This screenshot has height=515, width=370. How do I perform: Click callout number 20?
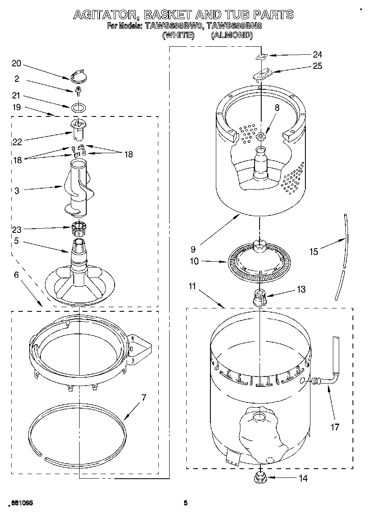pyautogui.click(x=16, y=63)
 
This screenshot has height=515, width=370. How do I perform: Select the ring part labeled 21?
pyautogui.click(x=77, y=107)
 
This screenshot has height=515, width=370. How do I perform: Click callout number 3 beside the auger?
pyautogui.click(x=17, y=191)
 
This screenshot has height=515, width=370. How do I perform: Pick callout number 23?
pyautogui.click(x=17, y=229)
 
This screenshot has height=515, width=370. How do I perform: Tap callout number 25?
pyautogui.click(x=317, y=66)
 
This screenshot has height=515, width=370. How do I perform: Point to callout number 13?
pyautogui.click(x=301, y=289)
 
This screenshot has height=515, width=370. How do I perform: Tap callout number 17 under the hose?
pyautogui.click(x=335, y=427)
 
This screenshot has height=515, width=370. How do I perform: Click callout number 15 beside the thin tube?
pyautogui.click(x=313, y=251)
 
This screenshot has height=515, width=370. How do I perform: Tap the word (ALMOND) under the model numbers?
pyautogui.click(x=232, y=35)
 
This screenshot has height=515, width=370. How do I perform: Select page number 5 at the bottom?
pyautogui.click(x=186, y=503)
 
